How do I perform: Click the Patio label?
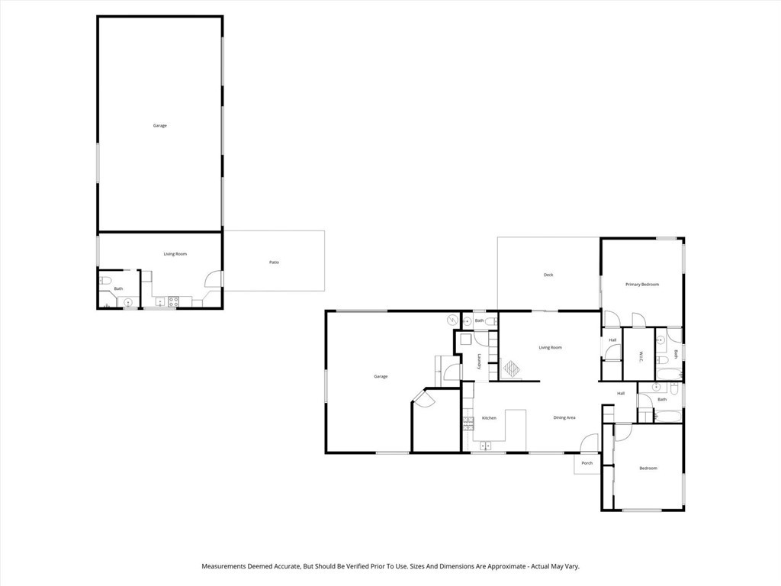tap(274, 262)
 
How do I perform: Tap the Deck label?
tap(548, 275)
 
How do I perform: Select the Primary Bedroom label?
tap(641, 285)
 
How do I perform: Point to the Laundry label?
tap(480, 361)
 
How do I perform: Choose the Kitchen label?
tap(489, 417)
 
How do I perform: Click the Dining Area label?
tap(564, 417)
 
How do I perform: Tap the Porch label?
tap(587, 463)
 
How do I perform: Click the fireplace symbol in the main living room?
tap(511, 369)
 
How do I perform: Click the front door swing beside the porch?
tap(590, 442)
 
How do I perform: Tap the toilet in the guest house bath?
tap(104, 281)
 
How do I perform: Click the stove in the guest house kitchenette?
tap(173, 301)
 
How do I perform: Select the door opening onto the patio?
tap(215, 279)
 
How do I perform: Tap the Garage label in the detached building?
tap(159, 125)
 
